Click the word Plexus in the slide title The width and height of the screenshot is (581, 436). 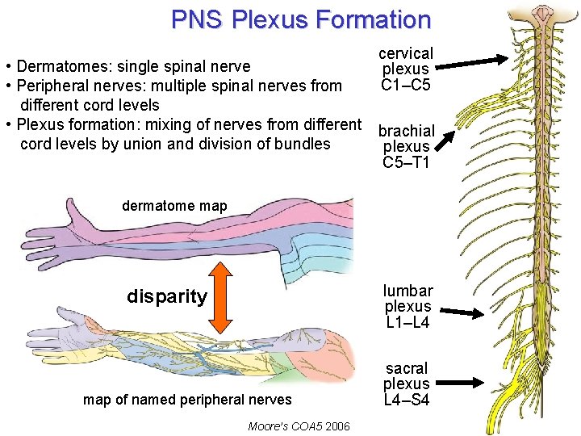pos(263,19)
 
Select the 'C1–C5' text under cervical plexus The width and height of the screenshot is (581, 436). pos(406,86)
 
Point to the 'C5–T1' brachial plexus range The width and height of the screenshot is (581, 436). pos(407,162)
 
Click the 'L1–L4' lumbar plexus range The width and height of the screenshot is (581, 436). pos(408,323)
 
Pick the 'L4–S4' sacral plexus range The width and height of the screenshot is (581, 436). pos(406,400)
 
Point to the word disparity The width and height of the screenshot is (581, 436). pos(167,296)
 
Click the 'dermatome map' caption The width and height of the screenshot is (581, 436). pos(174,206)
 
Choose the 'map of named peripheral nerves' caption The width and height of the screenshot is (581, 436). pos(187,399)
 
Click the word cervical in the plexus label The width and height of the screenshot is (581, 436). pos(406,53)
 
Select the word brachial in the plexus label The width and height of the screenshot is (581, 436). pos(407,131)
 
